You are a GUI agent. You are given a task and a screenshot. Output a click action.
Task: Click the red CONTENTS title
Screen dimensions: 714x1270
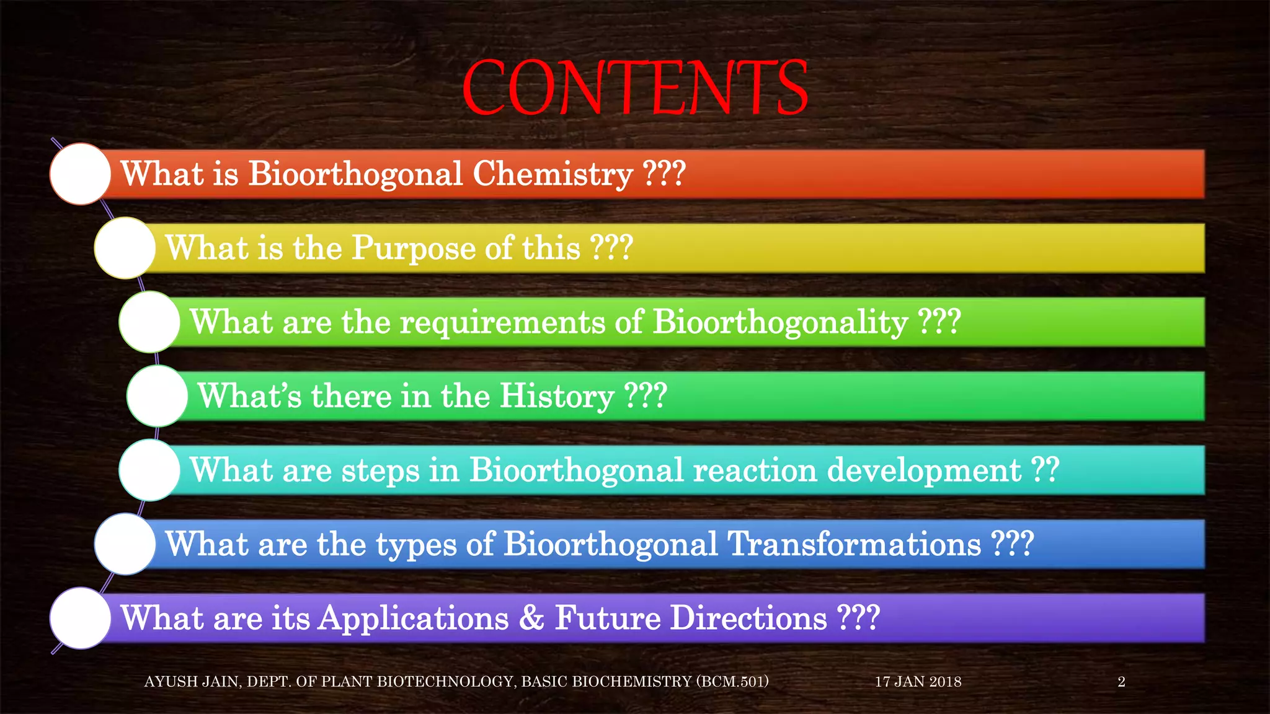(x=635, y=88)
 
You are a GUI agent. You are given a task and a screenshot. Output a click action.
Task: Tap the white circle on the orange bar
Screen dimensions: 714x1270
(x=81, y=174)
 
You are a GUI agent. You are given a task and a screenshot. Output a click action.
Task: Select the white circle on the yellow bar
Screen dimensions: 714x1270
(x=125, y=248)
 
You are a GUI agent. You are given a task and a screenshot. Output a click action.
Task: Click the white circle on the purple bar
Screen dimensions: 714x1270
(x=81, y=618)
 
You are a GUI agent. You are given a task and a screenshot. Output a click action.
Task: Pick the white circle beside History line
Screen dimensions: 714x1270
(x=158, y=396)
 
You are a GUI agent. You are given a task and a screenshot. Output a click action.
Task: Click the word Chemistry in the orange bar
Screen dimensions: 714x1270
(x=553, y=174)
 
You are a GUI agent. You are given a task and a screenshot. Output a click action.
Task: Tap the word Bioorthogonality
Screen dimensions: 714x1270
(x=780, y=323)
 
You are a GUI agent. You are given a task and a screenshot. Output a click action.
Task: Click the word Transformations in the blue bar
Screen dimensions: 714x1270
(x=854, y=544)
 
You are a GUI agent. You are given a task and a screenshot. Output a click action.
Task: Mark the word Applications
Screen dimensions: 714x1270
(x=414, y=619)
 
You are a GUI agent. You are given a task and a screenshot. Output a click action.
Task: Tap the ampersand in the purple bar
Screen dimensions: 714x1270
(x=531, y=619)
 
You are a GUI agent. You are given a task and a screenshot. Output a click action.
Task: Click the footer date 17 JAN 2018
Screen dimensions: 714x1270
(x=918, y=682)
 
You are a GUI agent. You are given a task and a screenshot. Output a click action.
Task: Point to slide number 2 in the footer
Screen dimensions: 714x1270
(x=1121, y=682)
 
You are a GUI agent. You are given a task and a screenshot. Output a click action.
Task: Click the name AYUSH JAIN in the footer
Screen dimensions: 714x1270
(x=192, y=682)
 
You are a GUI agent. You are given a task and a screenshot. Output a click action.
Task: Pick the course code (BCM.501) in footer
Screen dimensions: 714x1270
(x=732, y=682)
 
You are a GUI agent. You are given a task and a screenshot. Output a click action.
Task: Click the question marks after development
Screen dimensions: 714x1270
(x=1045, y=470)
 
